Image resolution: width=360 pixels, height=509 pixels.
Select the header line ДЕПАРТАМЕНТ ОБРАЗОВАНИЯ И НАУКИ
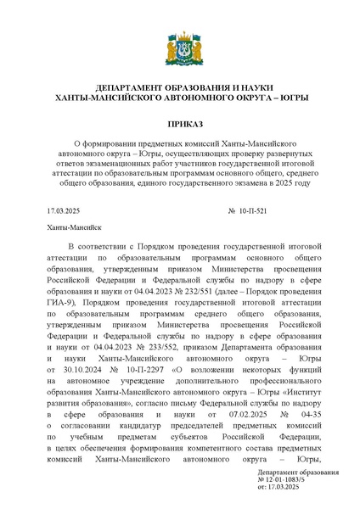click(x=179, y=88)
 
